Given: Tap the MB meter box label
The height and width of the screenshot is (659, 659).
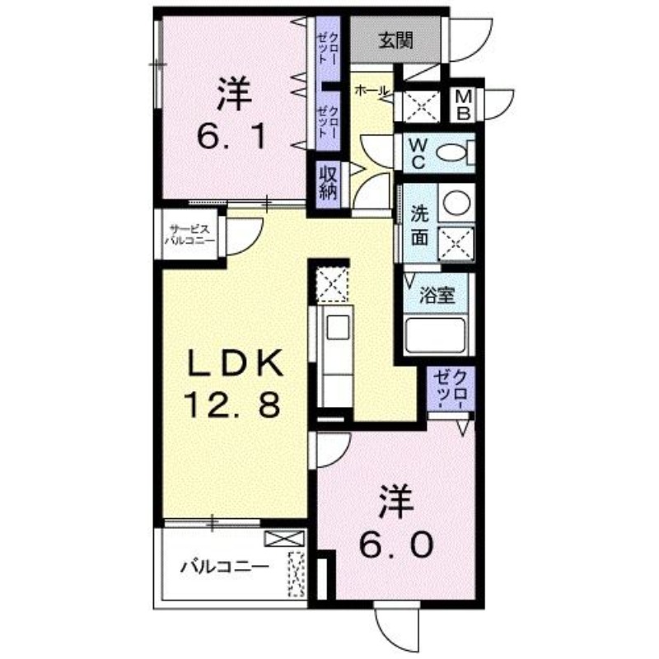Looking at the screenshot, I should (464, 105).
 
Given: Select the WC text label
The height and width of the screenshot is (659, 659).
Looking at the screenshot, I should (418, 152).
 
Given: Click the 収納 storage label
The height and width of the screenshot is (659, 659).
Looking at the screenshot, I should (325, 183).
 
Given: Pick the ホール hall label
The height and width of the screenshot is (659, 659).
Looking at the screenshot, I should (370, 92).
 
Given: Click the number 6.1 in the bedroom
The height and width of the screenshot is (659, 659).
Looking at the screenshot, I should (231, 133).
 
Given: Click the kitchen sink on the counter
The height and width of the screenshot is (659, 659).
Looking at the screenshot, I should (337, 328).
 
